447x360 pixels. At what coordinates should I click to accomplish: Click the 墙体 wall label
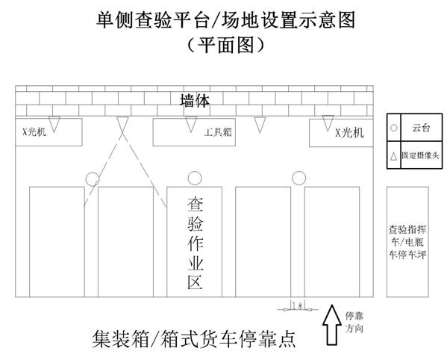195,100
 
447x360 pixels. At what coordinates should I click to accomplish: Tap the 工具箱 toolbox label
218,132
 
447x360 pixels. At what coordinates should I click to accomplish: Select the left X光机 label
34,131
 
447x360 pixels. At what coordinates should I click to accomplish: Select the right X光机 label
349,133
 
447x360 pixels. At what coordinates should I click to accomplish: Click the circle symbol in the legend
394,128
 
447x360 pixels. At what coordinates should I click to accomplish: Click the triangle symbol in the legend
394,156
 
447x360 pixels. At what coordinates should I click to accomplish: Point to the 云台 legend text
421,128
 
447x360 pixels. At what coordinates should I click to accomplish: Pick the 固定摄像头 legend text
420,155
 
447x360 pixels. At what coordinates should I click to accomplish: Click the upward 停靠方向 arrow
332,325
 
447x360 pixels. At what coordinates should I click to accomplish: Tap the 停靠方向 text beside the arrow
354,323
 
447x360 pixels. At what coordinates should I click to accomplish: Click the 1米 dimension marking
298,305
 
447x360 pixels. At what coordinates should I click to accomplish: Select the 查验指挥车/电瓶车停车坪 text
407,242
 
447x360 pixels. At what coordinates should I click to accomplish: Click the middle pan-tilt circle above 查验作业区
195,179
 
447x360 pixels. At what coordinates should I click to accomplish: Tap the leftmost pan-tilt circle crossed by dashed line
93,179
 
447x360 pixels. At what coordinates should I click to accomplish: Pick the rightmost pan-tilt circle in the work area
298,178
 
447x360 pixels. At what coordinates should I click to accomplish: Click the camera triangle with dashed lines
122,123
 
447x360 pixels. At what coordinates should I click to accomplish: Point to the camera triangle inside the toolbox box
191,124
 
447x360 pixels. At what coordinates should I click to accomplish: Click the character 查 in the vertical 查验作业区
196,204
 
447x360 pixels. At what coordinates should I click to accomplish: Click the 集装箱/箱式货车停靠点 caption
194,339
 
